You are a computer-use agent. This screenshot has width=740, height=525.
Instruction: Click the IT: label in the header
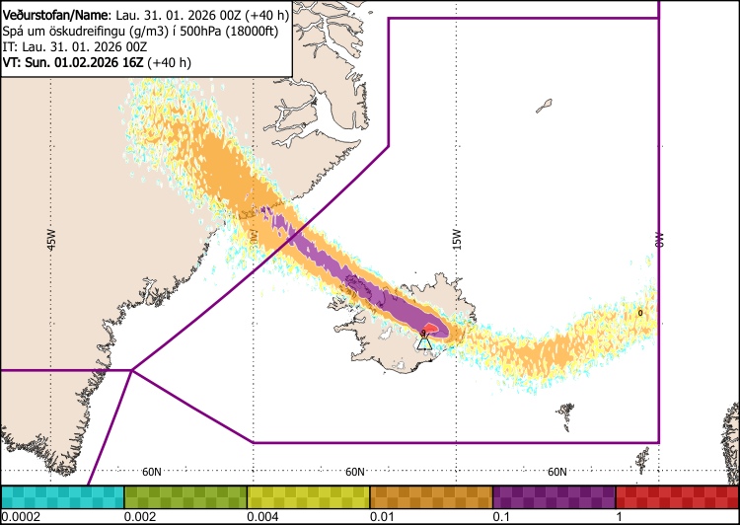(11, 47)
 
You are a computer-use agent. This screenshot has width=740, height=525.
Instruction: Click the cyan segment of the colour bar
(62, 496)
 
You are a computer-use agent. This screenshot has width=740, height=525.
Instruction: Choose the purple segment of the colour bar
(554, 496)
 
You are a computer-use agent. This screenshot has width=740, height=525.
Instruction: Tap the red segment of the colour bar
(677, 496)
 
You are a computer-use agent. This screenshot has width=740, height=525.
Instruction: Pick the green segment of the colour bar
(185, 496)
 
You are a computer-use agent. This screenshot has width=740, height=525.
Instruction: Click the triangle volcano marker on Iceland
(424, 343)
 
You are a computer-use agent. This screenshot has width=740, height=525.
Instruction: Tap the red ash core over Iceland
(432, 329)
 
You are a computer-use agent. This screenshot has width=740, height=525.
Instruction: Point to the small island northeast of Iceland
(545, 104)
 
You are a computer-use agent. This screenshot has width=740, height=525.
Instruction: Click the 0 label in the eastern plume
(640, 313)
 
